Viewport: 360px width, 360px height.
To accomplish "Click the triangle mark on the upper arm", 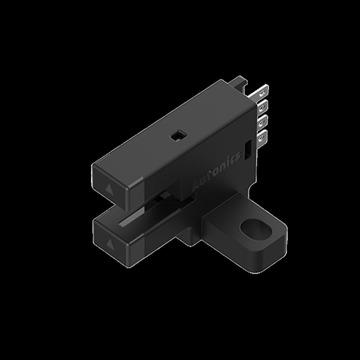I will point(108,188).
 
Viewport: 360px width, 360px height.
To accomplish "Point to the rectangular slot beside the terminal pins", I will point(248,149).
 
